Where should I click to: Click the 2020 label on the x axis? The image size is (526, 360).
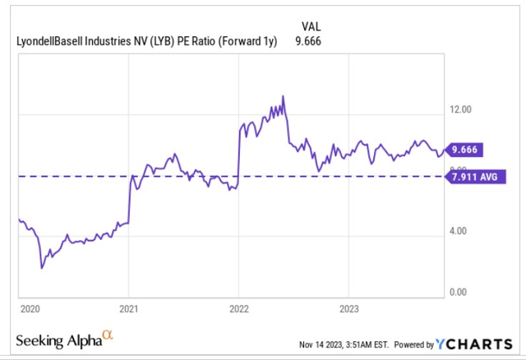pyautogui.click(x=29, y=311)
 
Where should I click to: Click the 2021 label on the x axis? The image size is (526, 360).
pyautogui.click(x=128, y=311)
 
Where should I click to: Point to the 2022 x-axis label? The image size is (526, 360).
pyautogui.click(x=238, y=311)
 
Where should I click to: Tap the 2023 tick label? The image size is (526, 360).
pyautogui.click(x=348, y=311)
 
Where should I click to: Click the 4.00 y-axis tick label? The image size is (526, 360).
pyautogui.click(x=464, y=231)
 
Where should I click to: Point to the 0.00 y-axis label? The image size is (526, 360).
pyautogui.click(x=464, y=292)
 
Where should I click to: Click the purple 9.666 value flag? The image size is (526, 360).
pyautogui.click(x=466, y=150)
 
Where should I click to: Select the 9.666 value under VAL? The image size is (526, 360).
pyautogui.click(x=310, y=40)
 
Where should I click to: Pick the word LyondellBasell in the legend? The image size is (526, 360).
pyautogui.click(x=52, y=40)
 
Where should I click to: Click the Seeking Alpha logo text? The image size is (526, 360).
pyautogui.click(x=57, y=340)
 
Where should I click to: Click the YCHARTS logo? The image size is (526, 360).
pyautogui.click(x=480, y=344)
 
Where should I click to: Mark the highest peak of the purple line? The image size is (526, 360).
pyautogui.click(x=283, y=96)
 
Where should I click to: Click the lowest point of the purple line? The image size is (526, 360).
pyautogui.click(x=42, y=267)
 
